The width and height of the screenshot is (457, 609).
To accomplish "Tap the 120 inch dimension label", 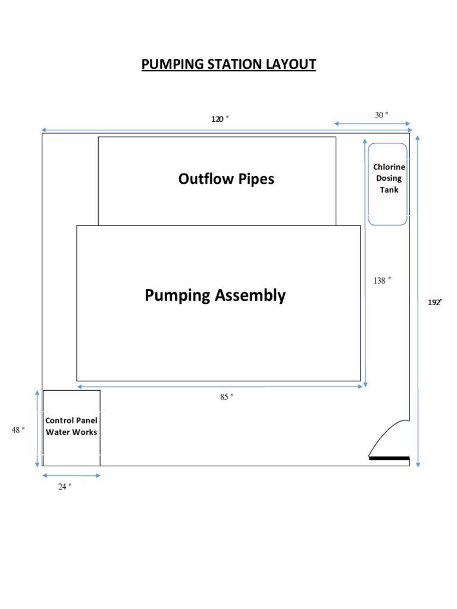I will [220, 119].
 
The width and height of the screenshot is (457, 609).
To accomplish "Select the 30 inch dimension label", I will [381, 115].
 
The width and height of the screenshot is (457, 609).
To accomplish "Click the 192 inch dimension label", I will [436, 302].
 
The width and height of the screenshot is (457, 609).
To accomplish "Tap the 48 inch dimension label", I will [18, 429].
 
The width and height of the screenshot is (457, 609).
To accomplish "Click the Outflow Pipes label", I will [226, 178].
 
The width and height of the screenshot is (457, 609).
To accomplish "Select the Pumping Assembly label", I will [215, 295].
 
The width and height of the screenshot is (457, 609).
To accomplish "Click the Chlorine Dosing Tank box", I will [387, 184].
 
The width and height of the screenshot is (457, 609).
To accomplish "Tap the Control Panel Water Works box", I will [71, 428].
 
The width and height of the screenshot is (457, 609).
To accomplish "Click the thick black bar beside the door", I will [389, 459].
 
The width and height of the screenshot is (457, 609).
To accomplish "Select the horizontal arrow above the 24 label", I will [71, 475].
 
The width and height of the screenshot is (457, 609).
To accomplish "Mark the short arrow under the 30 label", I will [373, 124].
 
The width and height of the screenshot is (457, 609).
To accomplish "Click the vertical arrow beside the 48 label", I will [37, 428].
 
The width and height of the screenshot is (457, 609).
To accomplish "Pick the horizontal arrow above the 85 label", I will [220, 387].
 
